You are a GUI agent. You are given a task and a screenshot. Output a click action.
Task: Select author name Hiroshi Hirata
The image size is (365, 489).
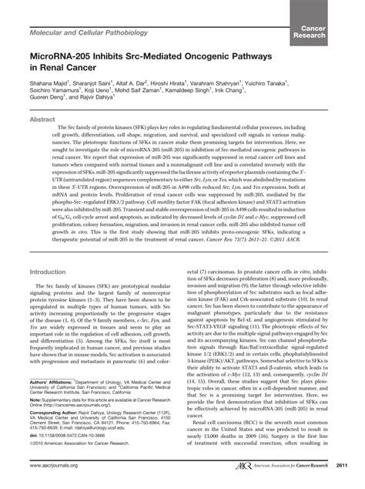click(174, 86)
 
